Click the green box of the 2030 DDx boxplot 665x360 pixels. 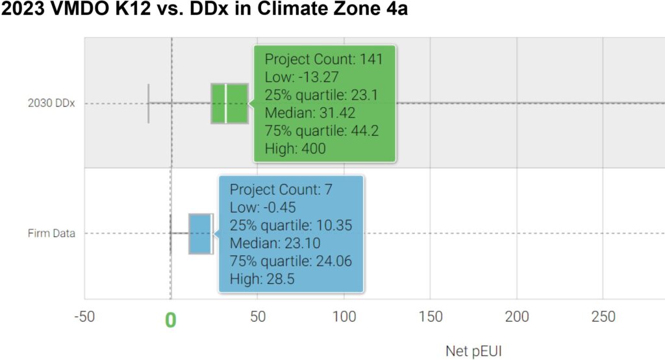click(236, 103)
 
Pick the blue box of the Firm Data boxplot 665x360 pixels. click(201, 233)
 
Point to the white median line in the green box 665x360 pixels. click(225, 103)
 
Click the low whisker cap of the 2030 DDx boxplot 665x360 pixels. click(149, 103)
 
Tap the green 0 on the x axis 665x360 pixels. click(170, 320)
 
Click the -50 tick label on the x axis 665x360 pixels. click(84, 317)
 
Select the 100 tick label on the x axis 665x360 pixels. click(344, 317)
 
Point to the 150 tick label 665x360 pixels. click(431, 317)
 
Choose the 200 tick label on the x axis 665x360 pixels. click(517, 317)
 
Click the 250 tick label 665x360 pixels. click(603, 317)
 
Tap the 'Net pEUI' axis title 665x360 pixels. click(473, 351)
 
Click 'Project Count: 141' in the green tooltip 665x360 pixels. click(323, 60)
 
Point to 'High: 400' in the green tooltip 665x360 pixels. click(295, 149)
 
